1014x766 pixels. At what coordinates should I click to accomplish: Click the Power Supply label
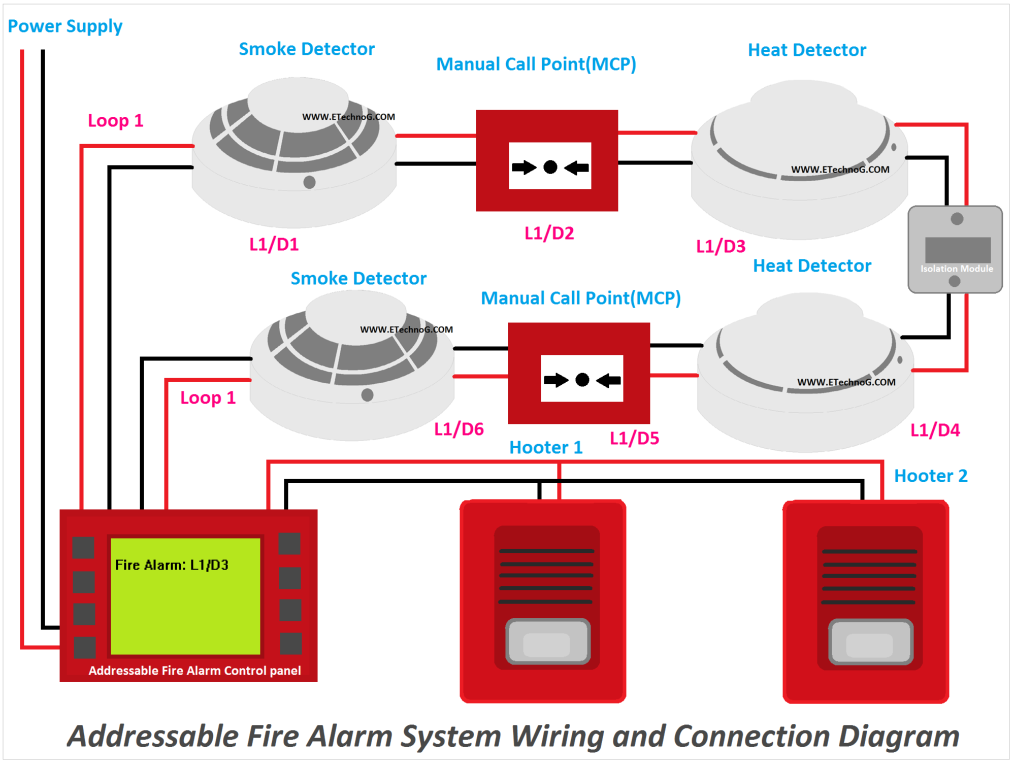(x=65, y=26)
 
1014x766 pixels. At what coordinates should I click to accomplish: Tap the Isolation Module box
(x=955, y=249)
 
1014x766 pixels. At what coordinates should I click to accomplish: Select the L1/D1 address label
(x=274, y=245)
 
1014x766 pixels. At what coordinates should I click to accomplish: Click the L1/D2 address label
(x=549, y=234)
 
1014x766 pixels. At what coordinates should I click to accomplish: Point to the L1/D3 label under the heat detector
(x=721, y=247)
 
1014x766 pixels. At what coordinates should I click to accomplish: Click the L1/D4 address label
(x=935, y=430)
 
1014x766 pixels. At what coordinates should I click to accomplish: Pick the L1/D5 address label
(x=634, y=439)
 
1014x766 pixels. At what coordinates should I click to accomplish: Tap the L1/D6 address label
(x=459, y=429)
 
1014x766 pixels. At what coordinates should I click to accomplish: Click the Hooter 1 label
(x=545, y=448)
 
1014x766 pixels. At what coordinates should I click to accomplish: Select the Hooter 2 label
(x=930, y=476)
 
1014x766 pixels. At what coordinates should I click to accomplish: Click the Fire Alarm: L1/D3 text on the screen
(x=172, y=565)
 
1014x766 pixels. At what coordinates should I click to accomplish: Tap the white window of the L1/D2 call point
(x=550, y=166)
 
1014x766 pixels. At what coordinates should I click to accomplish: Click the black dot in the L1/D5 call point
(x=582, y=380)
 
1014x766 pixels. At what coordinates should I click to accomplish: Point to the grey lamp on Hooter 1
(x=547, y=642)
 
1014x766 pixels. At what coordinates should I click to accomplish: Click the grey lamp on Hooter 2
(x=870, y=643)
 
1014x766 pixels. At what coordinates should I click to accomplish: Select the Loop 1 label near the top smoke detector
(x=116, y=121)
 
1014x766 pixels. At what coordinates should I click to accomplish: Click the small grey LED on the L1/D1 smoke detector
(x=309, y=182)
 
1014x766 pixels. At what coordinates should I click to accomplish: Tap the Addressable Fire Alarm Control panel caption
(x=194, y=671)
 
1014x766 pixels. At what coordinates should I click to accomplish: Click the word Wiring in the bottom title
(x=556, y=736)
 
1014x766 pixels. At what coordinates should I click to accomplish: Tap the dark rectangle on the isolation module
(x=957, y=250)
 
